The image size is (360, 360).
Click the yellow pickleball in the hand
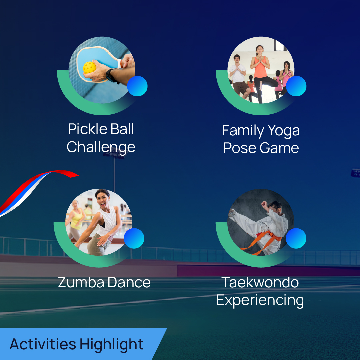(90, 68)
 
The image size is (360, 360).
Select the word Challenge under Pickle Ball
(101, 147)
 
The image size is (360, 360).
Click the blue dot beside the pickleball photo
(137, 86)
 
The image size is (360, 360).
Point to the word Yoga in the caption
(284, 131)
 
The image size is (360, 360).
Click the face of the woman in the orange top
(260, 50)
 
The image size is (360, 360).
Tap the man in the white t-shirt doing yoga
(238, 76)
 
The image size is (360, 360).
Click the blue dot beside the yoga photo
(296, 86)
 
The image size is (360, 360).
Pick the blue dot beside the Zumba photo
(134, 238)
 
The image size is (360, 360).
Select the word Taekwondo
(260, 282)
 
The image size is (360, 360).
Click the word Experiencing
(260, 301)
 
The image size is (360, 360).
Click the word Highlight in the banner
(112, 345)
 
